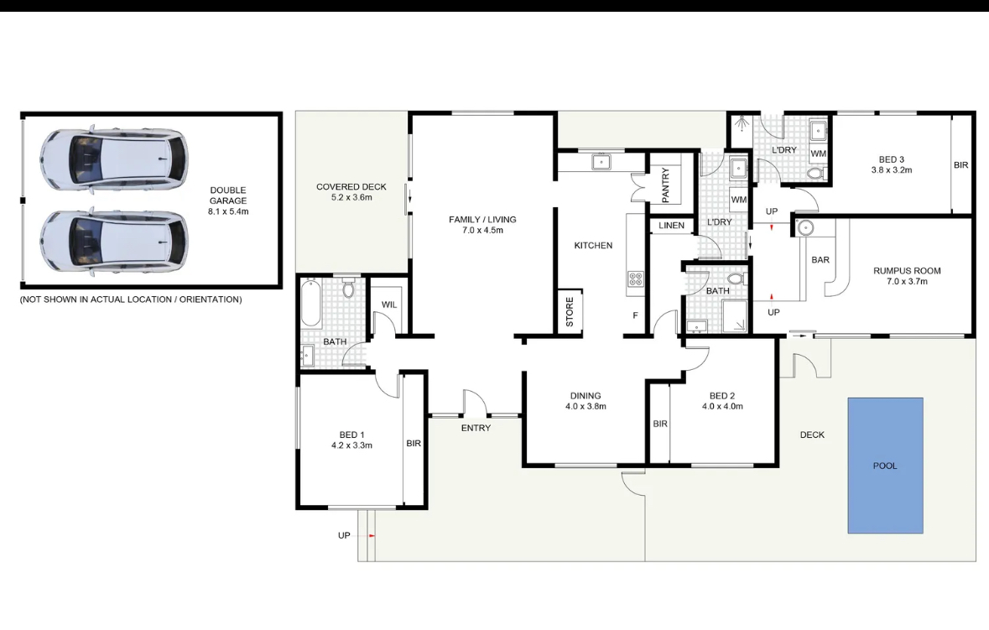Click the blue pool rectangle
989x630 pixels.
coord(885,466)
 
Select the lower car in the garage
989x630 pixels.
coord(113,241)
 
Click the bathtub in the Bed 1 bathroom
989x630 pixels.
coord(311,304)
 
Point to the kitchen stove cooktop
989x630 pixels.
coord(635,279)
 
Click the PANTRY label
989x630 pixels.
coord(665,185)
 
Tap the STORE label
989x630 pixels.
coord(570,311)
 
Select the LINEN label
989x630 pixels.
coord(671,225)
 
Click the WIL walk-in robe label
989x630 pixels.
coord(389,305)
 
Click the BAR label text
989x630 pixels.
coord(820,259)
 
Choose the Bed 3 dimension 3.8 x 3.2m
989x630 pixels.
coord(891,169)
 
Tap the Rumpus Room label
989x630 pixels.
coord(907,271)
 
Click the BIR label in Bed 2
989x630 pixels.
coord(660,424)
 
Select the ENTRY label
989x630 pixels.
coord(476,428)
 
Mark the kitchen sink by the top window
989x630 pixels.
coord(601,162)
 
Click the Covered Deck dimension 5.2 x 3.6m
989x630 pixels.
coord(351,197)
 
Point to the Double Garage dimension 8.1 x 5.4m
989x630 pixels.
coord(228,211)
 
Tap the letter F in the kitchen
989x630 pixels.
coord(635,315)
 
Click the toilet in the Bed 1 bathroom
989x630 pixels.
coord(348,289)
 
